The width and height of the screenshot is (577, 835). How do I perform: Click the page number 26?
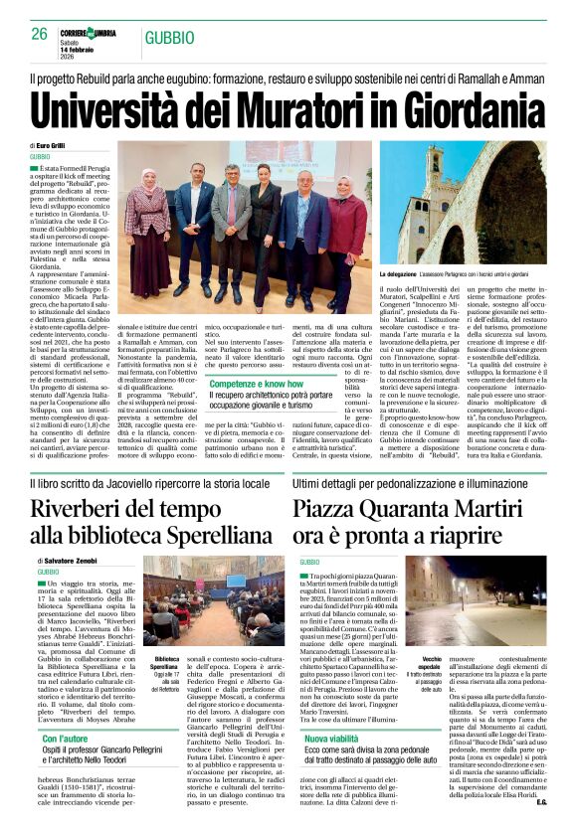[x=39, y=34]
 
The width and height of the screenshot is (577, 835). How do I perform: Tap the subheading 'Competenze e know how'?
[x=256, y=382]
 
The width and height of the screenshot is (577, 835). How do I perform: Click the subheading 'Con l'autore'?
[x=69, y=739]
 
